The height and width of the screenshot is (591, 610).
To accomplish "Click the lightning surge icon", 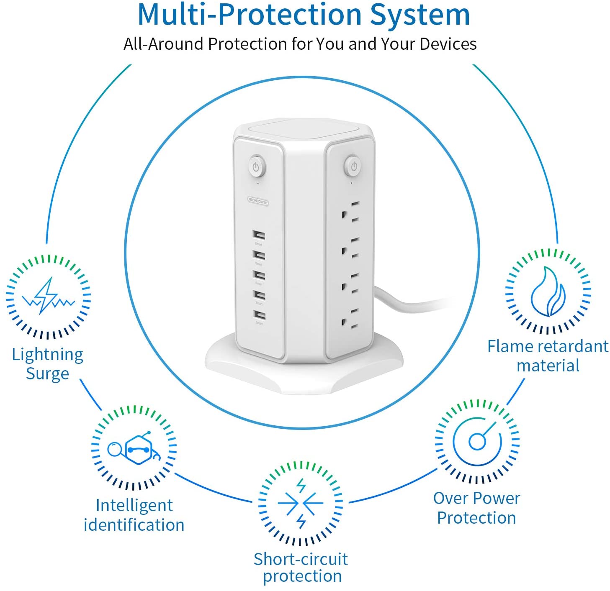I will tap(48, 296).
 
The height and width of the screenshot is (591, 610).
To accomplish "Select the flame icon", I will tap(548, 292).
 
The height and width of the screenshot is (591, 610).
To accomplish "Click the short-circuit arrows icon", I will tap(301, 504).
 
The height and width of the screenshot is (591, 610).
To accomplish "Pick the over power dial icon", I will tap(477, 441).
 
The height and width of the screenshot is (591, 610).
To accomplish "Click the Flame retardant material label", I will tap(548, 356).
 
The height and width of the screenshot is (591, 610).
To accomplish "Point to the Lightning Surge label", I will tap(47, 363).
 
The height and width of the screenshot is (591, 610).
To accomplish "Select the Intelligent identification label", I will tap(134, 515).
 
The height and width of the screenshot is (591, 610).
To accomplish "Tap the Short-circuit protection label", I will tap(301, 568).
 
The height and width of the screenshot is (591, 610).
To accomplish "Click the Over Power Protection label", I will tap(476, 508).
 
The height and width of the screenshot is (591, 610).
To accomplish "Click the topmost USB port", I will tap(259, 235).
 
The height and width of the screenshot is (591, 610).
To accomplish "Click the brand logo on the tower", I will tap(258, 202).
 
